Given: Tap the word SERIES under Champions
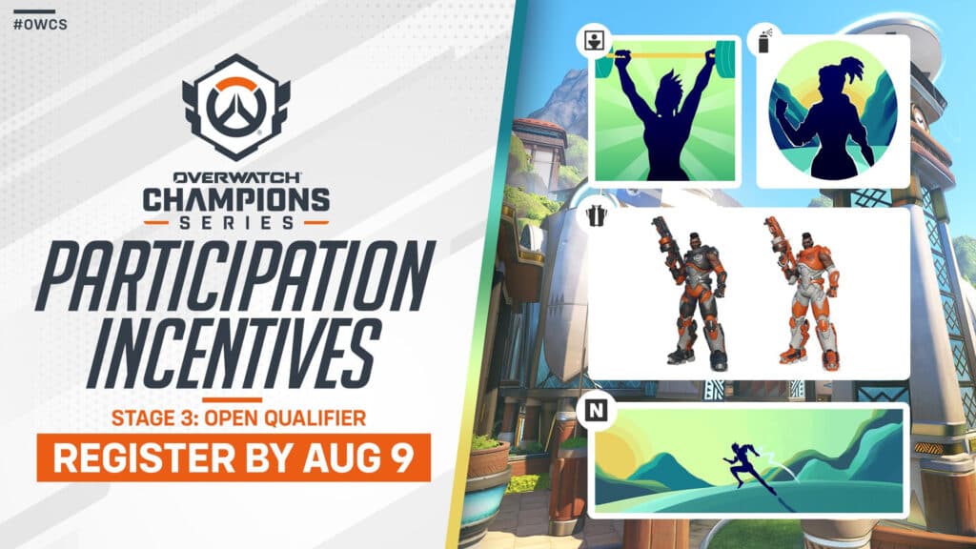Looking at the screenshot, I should pos(235,223).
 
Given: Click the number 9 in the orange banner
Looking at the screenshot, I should pos(401,458).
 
